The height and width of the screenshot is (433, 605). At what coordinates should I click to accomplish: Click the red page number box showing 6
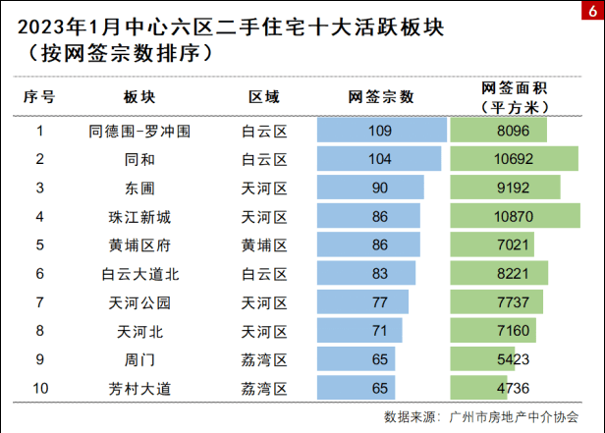[592, 10]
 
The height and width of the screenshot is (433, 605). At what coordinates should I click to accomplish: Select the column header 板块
[139, 96]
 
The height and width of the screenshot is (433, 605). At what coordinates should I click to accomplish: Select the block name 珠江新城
[139, 216]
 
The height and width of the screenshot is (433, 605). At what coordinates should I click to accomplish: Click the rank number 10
[40, 388]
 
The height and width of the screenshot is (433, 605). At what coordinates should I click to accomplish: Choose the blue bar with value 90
[371, 188]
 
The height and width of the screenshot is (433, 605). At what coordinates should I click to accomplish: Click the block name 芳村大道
[139, 388]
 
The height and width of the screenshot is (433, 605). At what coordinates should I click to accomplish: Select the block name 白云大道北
[139, 273]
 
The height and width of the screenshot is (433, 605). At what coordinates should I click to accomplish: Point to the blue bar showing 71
[360, 331]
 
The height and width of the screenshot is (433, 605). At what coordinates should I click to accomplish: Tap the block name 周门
[139, 359]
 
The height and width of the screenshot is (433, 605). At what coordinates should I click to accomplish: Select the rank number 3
[40, 188]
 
